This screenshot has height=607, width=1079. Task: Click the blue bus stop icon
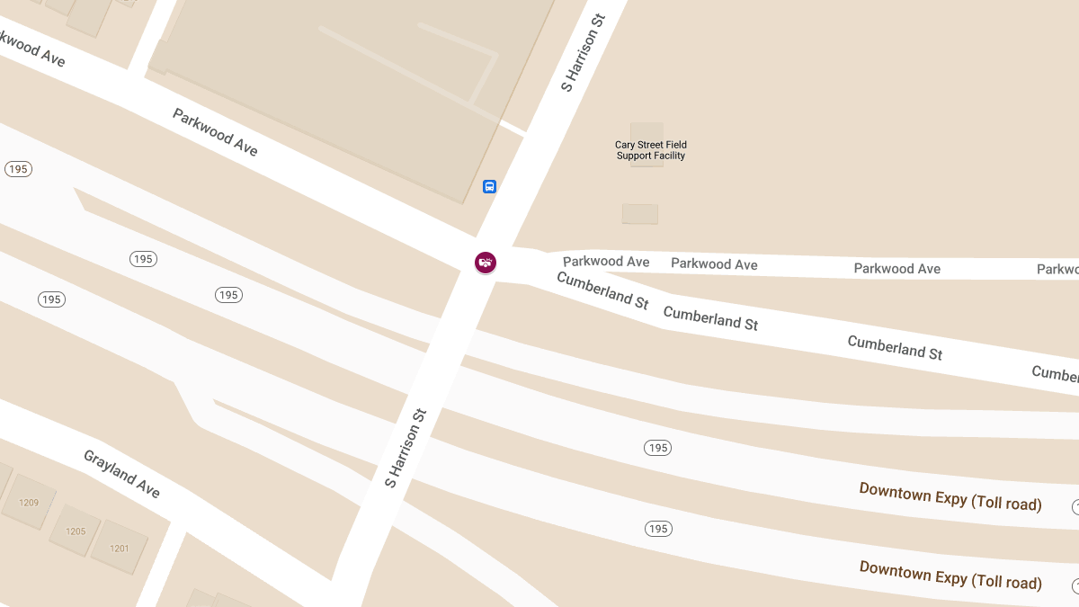(x=489, y=187)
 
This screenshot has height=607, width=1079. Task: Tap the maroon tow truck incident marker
(x=486, y=263)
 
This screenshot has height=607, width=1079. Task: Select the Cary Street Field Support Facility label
(x=650, y=150)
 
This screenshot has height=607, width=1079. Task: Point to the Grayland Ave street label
(x=121, y=474)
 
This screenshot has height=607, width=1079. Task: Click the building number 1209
(x=29, y=503)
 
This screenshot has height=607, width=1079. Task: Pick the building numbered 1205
(x=76, y=531)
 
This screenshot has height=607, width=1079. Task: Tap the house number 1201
(x=119, y=549)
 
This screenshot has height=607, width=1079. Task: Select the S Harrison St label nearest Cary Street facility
(x=584, y=52)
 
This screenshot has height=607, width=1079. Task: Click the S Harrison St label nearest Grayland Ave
(x=405, y=448)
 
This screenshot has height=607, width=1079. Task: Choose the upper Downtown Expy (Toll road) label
(x=950, y=496)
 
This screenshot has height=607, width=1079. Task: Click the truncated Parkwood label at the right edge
(x=1057, y=269)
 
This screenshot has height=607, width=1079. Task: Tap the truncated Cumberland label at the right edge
(x=1055, y=373)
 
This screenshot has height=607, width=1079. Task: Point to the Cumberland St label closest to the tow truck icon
(x=602, y=290)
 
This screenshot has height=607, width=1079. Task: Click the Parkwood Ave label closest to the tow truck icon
(x=606, y=262)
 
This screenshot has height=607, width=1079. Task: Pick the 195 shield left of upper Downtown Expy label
(x=657, y=448)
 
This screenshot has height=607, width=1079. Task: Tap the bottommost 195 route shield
(x=658, y=529)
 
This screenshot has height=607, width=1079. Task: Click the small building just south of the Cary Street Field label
(x=639, y=214)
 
